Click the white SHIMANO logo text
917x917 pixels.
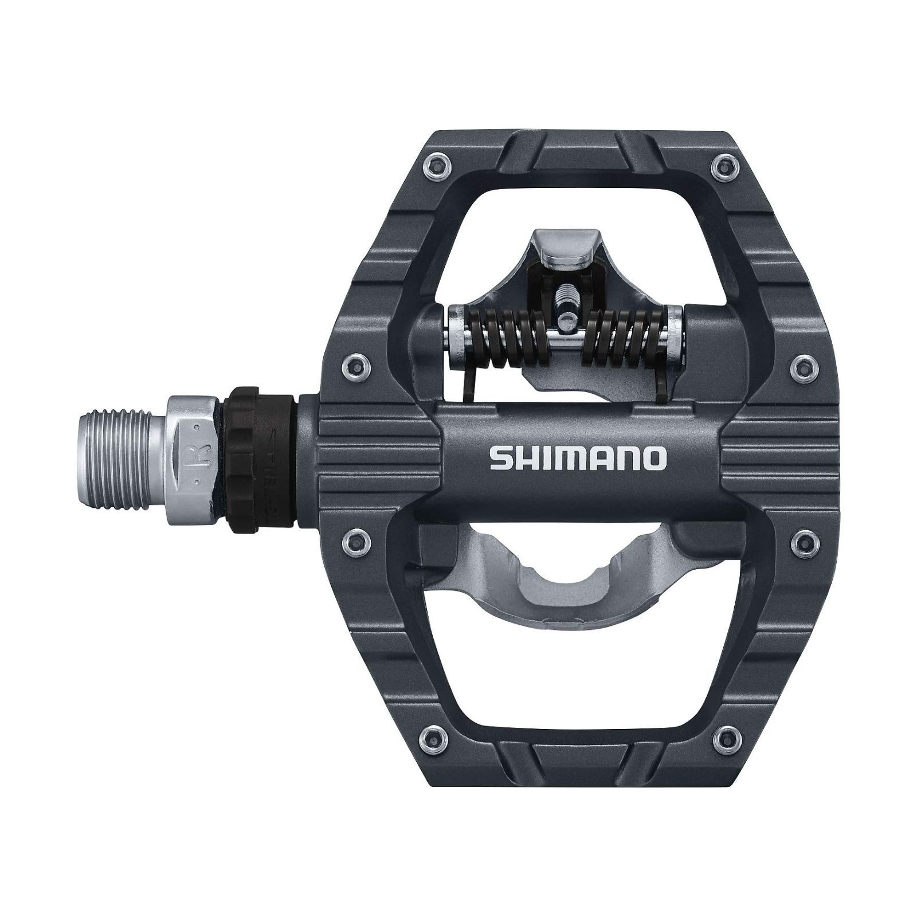pos(578,458)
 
